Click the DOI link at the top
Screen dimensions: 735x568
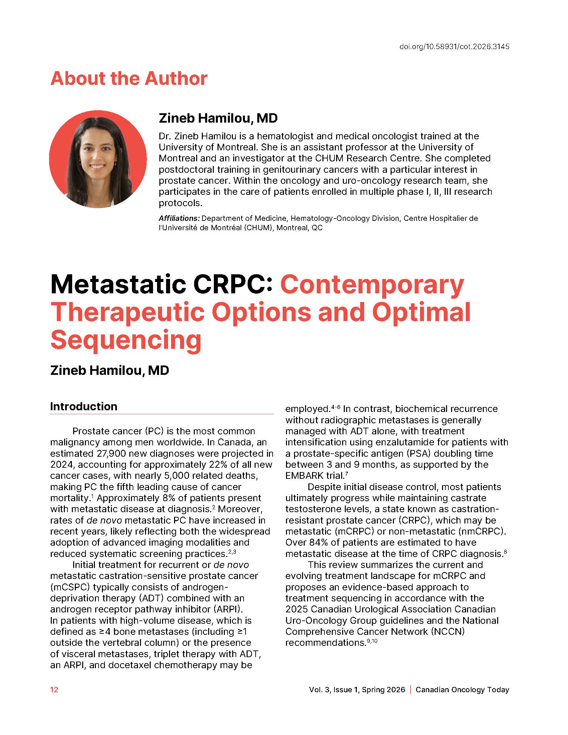click(454, 47)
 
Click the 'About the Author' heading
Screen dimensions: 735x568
click(129, 79)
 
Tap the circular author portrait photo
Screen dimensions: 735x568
click(98, 159)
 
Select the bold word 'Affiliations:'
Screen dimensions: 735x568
click(179, 218)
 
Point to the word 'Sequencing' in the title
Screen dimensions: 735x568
click(126, 339)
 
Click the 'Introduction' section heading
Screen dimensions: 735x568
click(84, 406)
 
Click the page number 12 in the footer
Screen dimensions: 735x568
click(54, 690)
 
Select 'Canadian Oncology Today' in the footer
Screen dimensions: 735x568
click(462, 690)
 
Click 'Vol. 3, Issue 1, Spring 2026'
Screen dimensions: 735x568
click(357, 690)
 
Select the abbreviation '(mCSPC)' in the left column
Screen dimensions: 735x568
click(70, 587)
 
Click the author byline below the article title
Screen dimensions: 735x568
click(109, 371)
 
